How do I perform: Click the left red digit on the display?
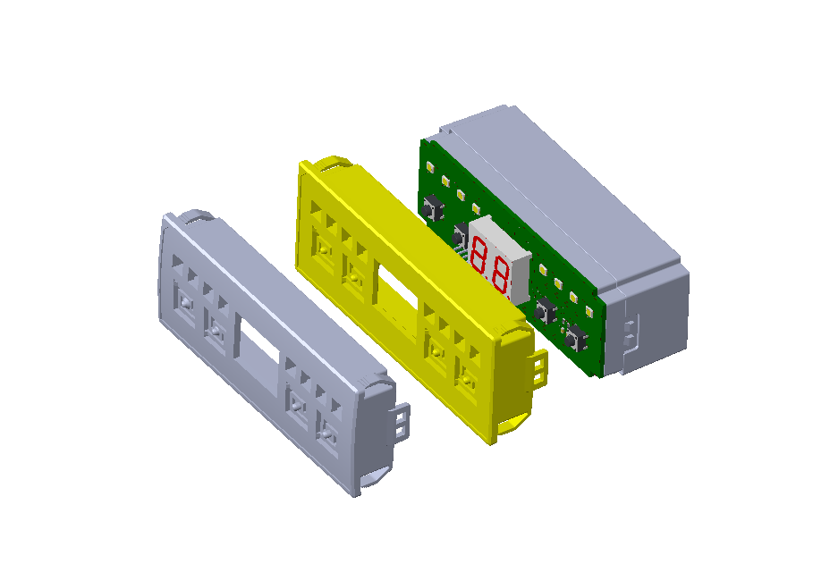coord(478,255)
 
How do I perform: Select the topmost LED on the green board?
coord(430,166)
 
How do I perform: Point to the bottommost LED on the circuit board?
coord(589,311)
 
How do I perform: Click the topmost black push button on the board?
coord(433,208)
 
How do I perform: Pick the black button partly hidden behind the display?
coord(461,234)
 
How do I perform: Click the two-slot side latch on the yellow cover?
coord(540,368)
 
